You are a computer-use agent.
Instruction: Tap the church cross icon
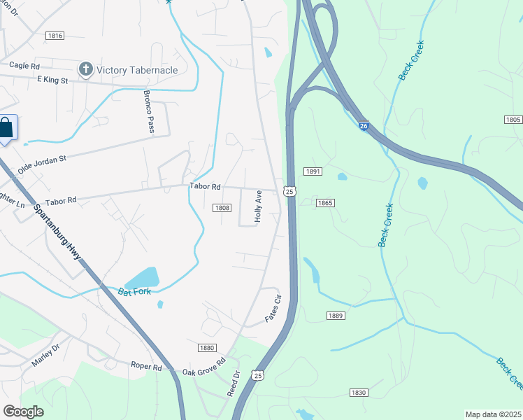85,69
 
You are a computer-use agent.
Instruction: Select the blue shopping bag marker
6,129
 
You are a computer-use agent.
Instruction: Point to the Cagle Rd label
24,65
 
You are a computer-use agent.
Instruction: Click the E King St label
52,80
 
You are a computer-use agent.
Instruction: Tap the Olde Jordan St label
41,164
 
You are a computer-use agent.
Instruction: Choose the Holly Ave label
258,206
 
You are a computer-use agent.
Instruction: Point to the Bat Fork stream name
135,290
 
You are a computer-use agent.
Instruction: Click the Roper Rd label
146,366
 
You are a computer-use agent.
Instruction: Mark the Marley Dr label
46,352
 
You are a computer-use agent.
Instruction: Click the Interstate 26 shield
364,126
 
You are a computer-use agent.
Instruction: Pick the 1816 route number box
55,36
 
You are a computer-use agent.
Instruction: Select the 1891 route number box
312,171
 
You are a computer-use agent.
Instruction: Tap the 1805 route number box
513,120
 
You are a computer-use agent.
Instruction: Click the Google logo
23,411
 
